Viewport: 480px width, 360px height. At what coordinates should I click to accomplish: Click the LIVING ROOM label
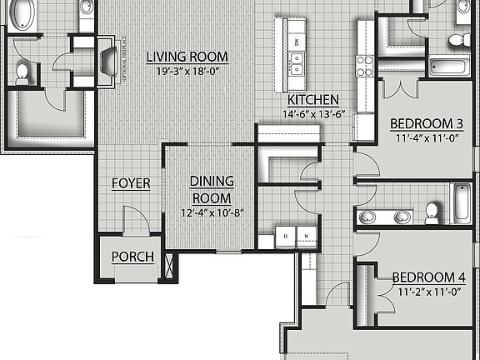coord(187,57)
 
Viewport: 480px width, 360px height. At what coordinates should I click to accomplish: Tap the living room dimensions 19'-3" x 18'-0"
coord(187,70)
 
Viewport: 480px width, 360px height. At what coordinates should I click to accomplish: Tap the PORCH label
coord(132,257)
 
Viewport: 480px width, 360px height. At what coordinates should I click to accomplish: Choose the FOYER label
coord(131,183)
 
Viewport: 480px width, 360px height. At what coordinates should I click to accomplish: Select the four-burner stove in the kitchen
coord(363,65)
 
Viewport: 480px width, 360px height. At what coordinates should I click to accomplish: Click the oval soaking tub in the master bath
coord(22,14)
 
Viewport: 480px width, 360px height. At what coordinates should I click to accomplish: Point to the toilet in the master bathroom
coord(22,74)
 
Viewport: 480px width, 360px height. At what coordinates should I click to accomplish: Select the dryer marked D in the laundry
coord(287,236)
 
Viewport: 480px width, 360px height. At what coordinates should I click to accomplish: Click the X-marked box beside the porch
coord(172,267)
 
